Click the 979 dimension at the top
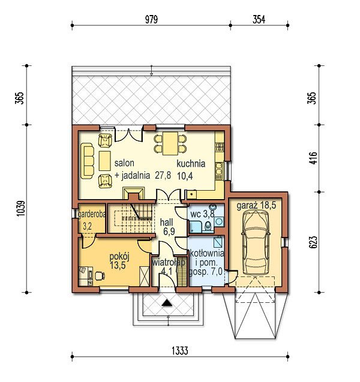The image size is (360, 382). (151, 19)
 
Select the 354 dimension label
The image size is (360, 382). (259, 19)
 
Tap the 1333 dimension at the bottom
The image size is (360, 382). (180, 351)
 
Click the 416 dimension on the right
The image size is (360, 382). (313, 158)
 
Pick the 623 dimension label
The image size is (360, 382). (313, 242)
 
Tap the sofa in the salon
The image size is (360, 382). (87, 161)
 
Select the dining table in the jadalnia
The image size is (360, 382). (170, 144)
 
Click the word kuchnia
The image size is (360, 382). (191, 164)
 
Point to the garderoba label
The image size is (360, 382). (92, 214)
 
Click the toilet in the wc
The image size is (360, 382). (208, 226)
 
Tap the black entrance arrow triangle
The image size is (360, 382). (167, 303)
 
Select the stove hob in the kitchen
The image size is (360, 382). (220, 146)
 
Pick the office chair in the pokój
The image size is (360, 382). (100, 276)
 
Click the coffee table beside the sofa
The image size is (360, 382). (105, 161)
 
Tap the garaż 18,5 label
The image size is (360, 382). (256, 206)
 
